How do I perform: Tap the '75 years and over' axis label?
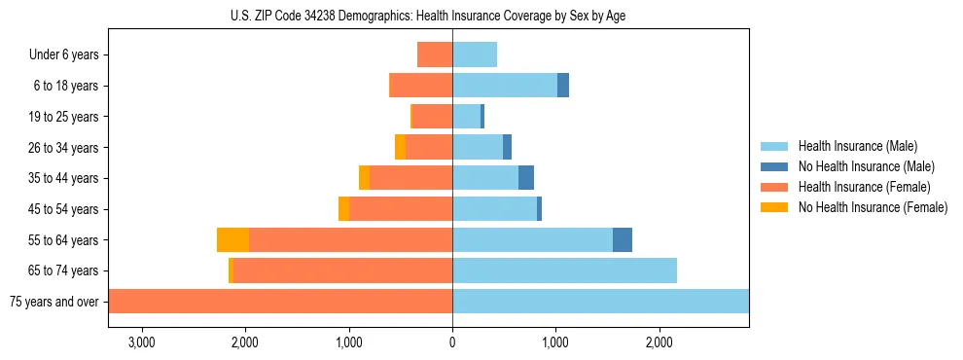54,302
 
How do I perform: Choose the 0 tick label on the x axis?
452,342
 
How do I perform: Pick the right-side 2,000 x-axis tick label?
660,342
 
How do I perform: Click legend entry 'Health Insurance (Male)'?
857,146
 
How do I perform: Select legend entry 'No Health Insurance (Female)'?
873,207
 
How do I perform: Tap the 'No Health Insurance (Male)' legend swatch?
775,166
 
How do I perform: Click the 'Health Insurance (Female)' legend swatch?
775,187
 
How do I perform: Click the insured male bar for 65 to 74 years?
564,270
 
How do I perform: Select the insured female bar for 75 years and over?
280,302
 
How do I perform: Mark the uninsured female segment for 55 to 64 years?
232,239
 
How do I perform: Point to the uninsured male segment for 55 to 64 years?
623,239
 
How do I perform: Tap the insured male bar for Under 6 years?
475,54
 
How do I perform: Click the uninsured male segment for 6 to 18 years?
563,86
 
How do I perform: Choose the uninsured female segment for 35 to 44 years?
364,178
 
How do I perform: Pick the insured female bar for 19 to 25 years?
432,117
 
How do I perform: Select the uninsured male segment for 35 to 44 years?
526,178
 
